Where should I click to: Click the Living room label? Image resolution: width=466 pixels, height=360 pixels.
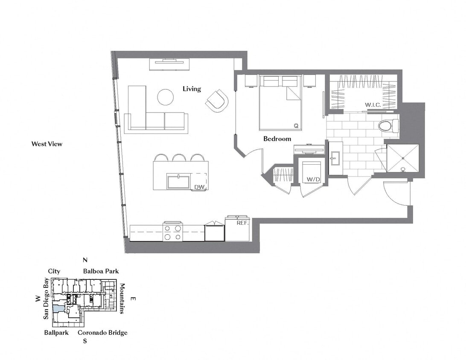pos(192,89)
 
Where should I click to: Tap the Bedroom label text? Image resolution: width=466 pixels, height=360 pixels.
pos(277,139)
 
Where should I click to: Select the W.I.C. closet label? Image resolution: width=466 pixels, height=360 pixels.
pos(373,105)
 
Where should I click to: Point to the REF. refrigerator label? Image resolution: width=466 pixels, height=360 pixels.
pos(243,223)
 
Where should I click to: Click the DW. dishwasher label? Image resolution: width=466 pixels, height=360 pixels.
pos(200,187)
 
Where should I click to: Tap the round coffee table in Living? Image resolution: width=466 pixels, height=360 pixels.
pos(166,97)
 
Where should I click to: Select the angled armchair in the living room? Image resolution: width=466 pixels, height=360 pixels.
pos(217,101)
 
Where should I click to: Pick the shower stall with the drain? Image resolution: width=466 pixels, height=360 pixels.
pos(402,158)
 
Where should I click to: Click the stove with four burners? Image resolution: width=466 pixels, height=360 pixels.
pos(172,232)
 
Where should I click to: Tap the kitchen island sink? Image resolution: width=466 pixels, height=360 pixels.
pos(178,182)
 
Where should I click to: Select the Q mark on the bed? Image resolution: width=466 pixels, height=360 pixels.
pos(295,125)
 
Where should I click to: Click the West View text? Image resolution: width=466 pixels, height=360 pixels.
pos(47,144)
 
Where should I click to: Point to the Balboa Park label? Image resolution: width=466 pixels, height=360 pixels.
pos(101,271)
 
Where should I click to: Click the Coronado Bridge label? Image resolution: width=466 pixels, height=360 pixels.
pos(102,333)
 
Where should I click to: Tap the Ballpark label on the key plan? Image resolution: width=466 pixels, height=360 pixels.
pos(56,333)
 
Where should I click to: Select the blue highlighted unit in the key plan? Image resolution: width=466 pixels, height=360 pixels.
pos(58,308)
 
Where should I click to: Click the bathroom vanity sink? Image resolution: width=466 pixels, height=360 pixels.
pos(335,159)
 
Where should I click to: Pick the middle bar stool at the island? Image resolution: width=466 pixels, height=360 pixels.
pos(179,157)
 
